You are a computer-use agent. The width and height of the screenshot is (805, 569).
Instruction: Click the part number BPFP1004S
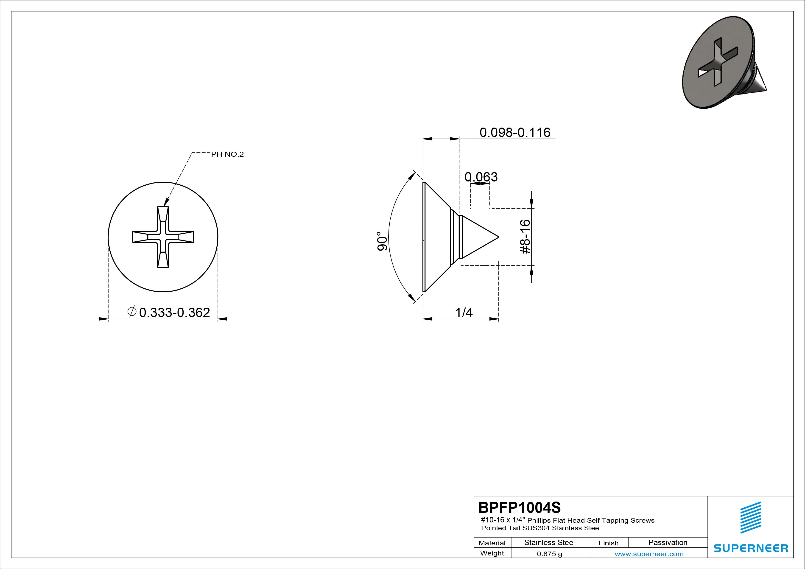tap(520, 507)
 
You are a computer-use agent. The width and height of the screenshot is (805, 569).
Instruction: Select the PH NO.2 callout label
tap(227, 154)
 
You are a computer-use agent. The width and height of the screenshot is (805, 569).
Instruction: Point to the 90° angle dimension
tap(382, 241)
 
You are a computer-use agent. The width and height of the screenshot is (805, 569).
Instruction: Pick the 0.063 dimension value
tap(481, 177)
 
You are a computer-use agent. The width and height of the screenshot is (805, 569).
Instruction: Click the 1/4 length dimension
tap(464, 312)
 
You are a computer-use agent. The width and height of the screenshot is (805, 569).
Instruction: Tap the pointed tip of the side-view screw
tap(499, 237)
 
